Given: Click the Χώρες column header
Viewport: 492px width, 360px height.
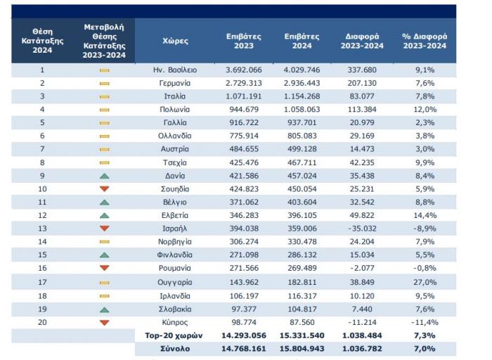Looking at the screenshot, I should (x=175, y=41).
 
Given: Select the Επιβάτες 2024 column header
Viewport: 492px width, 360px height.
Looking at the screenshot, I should (x=302, y=41).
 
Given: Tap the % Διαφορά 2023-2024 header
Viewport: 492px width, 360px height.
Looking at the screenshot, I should (x=425, y=41).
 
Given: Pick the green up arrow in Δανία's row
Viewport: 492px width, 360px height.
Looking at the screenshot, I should (x=104, y=175).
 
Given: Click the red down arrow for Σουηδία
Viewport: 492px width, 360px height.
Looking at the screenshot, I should (x=104, y=188).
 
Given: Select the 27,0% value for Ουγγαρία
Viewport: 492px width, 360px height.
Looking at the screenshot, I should (x=425, y=283).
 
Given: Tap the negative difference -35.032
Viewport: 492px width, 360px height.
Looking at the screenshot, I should (x=363, y=229).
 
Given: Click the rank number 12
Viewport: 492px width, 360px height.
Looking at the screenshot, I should (x=42, y=215).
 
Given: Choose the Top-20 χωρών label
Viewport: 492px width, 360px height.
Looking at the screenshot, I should (x=175, y=335).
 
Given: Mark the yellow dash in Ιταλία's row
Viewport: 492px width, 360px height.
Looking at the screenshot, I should (x=104, y=96).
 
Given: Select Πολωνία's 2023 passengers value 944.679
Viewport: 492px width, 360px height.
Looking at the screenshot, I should (x=243, y=110).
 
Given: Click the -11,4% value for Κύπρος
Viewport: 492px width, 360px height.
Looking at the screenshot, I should (x=425, y=323).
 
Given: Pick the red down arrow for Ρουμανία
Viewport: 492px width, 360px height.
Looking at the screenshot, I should (x=104, y=269).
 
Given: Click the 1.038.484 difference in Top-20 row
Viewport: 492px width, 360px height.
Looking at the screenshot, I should (x=363, y=335).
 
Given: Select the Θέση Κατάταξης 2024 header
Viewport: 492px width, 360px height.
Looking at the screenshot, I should (x=42, y=41).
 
